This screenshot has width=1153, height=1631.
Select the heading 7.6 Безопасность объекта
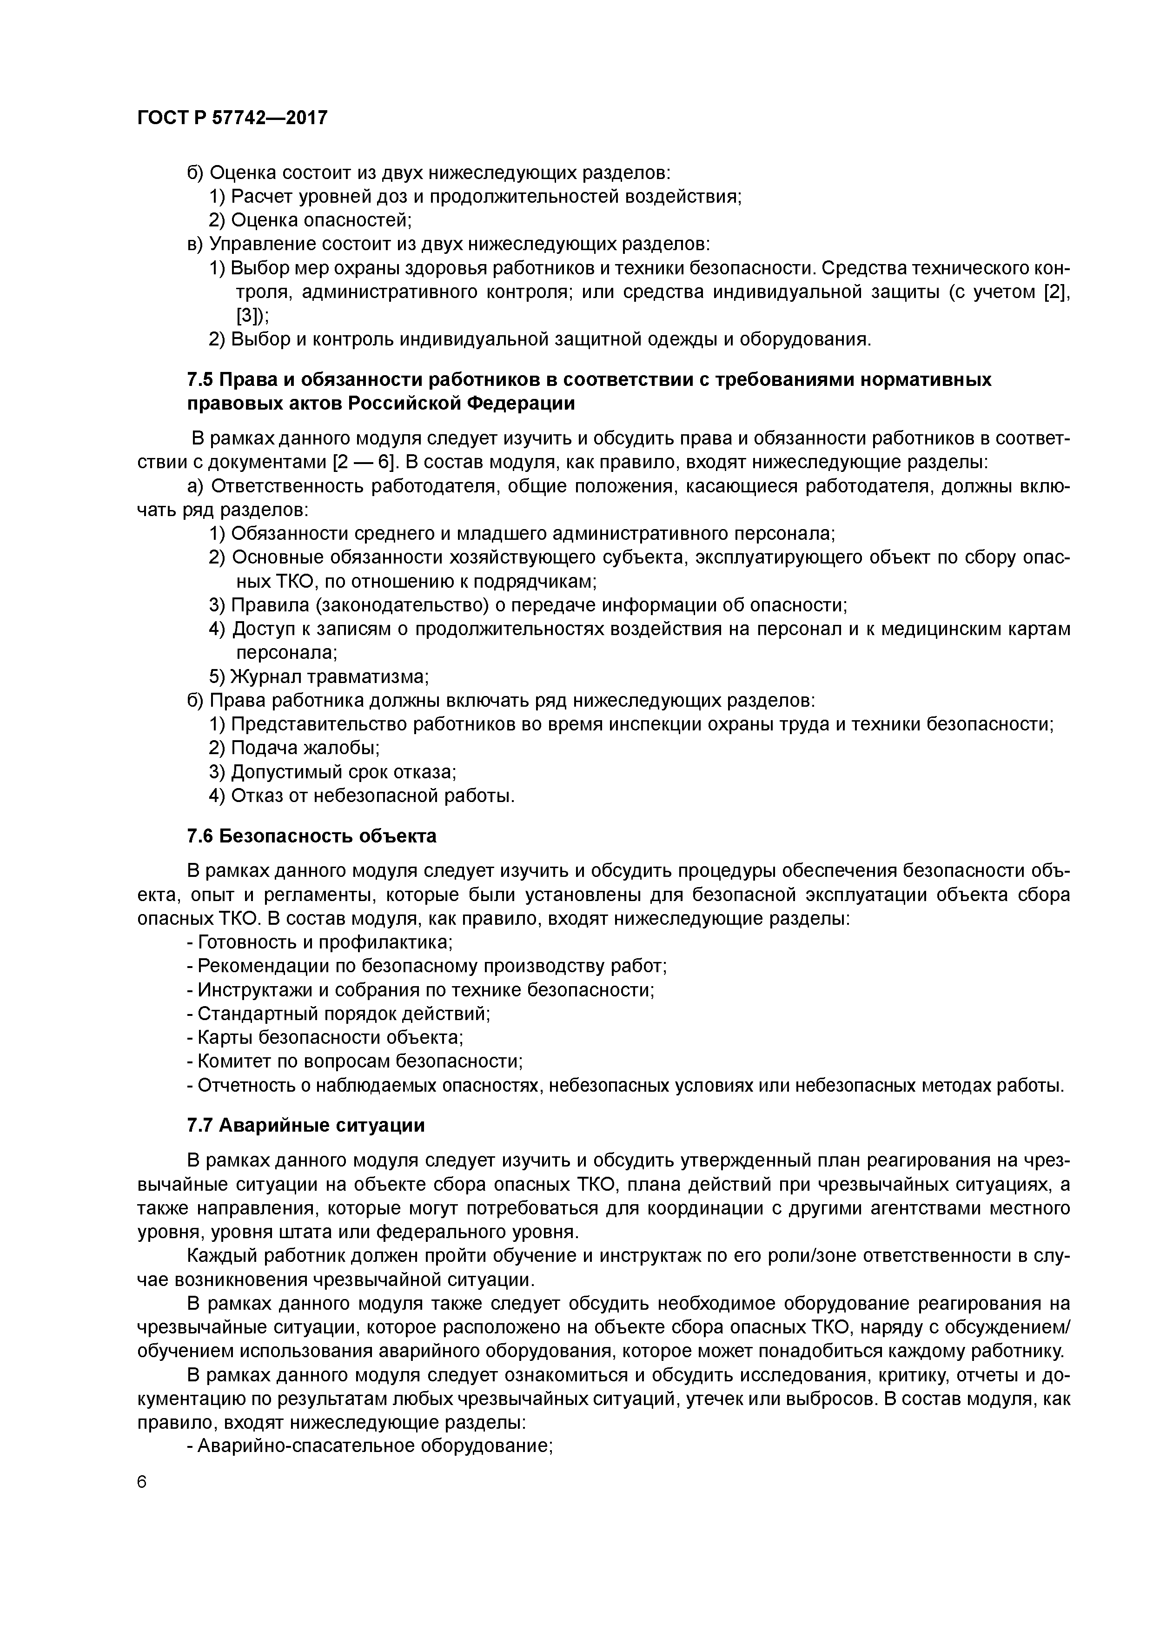[x=312, y=836]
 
